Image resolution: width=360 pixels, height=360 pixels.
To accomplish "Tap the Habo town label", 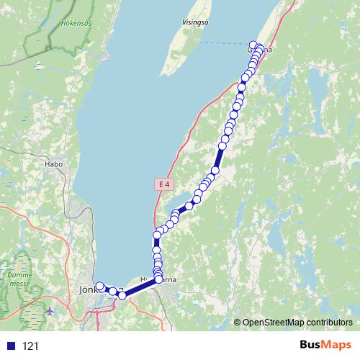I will point(54,164).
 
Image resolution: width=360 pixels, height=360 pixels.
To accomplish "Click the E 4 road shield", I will point(165,184).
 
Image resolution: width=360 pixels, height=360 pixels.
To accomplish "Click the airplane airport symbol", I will point(49,311).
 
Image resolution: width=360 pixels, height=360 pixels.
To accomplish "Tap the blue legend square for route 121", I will point(11,346).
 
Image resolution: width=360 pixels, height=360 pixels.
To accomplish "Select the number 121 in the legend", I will point(31,346).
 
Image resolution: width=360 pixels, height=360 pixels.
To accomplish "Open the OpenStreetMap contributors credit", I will point(297,322).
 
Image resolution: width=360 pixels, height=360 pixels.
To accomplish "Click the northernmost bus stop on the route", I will point(253,44).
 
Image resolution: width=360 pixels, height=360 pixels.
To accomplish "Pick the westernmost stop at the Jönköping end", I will point(99,286).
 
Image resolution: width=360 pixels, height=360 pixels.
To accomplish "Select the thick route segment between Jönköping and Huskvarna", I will point(140,287).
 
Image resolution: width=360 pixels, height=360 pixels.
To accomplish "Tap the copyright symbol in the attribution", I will point(237,322).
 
